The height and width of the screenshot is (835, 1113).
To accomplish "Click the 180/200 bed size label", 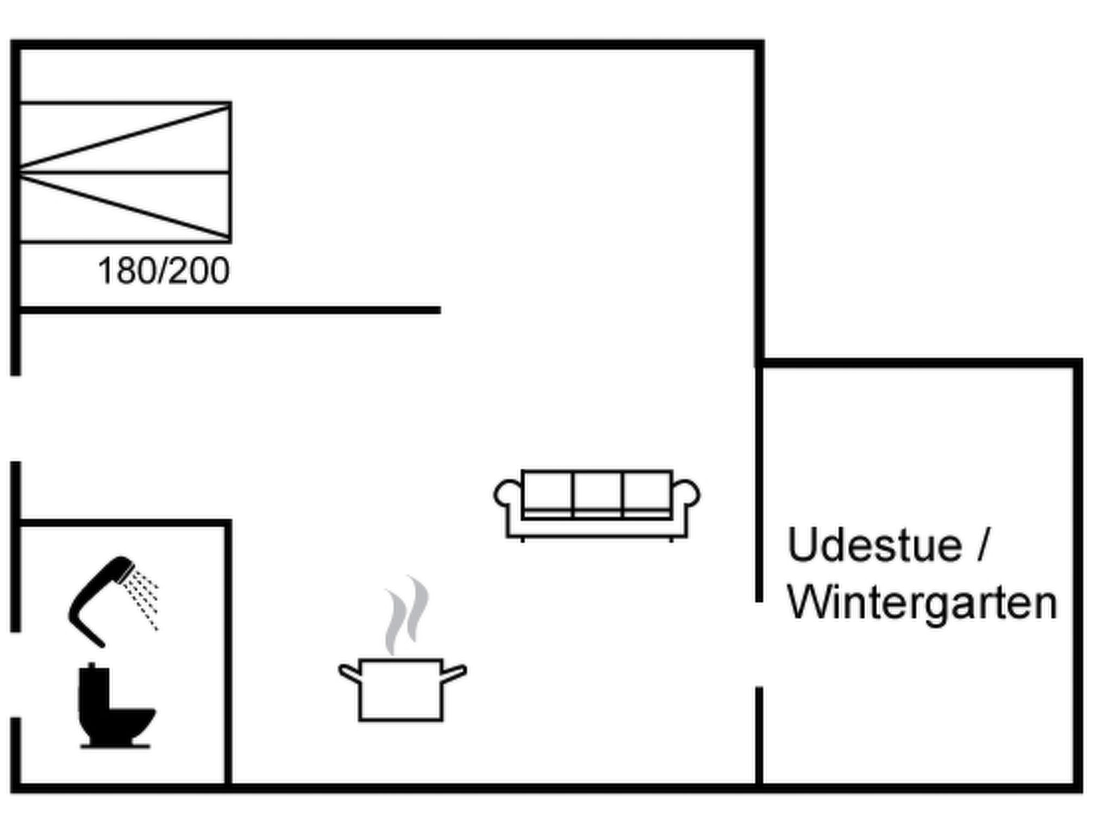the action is pyautogui.click(x=164, y=271).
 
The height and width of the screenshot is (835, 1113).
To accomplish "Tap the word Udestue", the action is pyautogui.click(x=874, y=545).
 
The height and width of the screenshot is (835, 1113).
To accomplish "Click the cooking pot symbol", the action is pyautogui.click(x=402, y=689).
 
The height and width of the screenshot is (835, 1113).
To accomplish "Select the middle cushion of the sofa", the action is pyautogui.click(x=597, y=494).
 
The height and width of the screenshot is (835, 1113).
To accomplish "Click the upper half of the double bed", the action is pyautogui.click(x=125, y=137).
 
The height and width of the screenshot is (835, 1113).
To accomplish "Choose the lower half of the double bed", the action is pyautogui.click(x=125, y=207).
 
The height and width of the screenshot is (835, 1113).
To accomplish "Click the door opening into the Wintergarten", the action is pyautogui.click(x=759, y=645).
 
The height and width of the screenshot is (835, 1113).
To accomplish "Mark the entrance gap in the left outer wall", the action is pyautogui.click(x=15, y=419).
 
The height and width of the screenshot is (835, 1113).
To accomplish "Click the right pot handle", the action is pyautogui.click(x=454, y=674).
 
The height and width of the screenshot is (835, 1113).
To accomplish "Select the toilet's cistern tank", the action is pyautogui.click(x=93, y=686).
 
